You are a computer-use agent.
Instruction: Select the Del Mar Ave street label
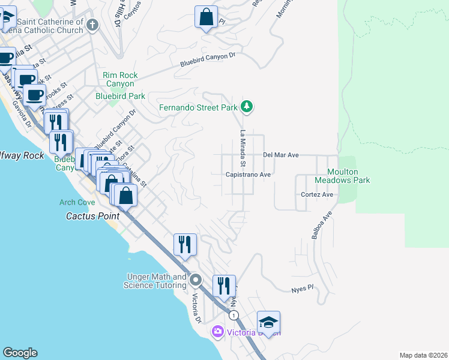pyautogui.click(x=281, y=155)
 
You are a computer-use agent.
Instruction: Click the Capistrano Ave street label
pyautogui.click(x=249, y=175)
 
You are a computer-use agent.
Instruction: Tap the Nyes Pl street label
pyautogui.click(x=303, y=288)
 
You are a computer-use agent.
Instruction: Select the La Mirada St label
pyautogui.click(x=243, y=148)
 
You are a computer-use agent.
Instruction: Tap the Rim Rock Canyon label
pyautogui.click(x=120, y=79)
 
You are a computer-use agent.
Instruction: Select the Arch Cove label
pyautogui.click(x=73, y=202)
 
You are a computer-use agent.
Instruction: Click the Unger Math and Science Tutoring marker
pyautogui.click(x=196, y=280)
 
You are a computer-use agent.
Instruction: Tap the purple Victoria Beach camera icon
pyautogui.click(x=217, y=331)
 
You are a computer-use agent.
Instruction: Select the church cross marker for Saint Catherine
pyautogui.click(x=92, y=25)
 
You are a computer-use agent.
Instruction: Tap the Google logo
pyautogui.click(x=20, y=353)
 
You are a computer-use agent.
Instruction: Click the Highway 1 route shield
pyautogui.click(x=234, y=315)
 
